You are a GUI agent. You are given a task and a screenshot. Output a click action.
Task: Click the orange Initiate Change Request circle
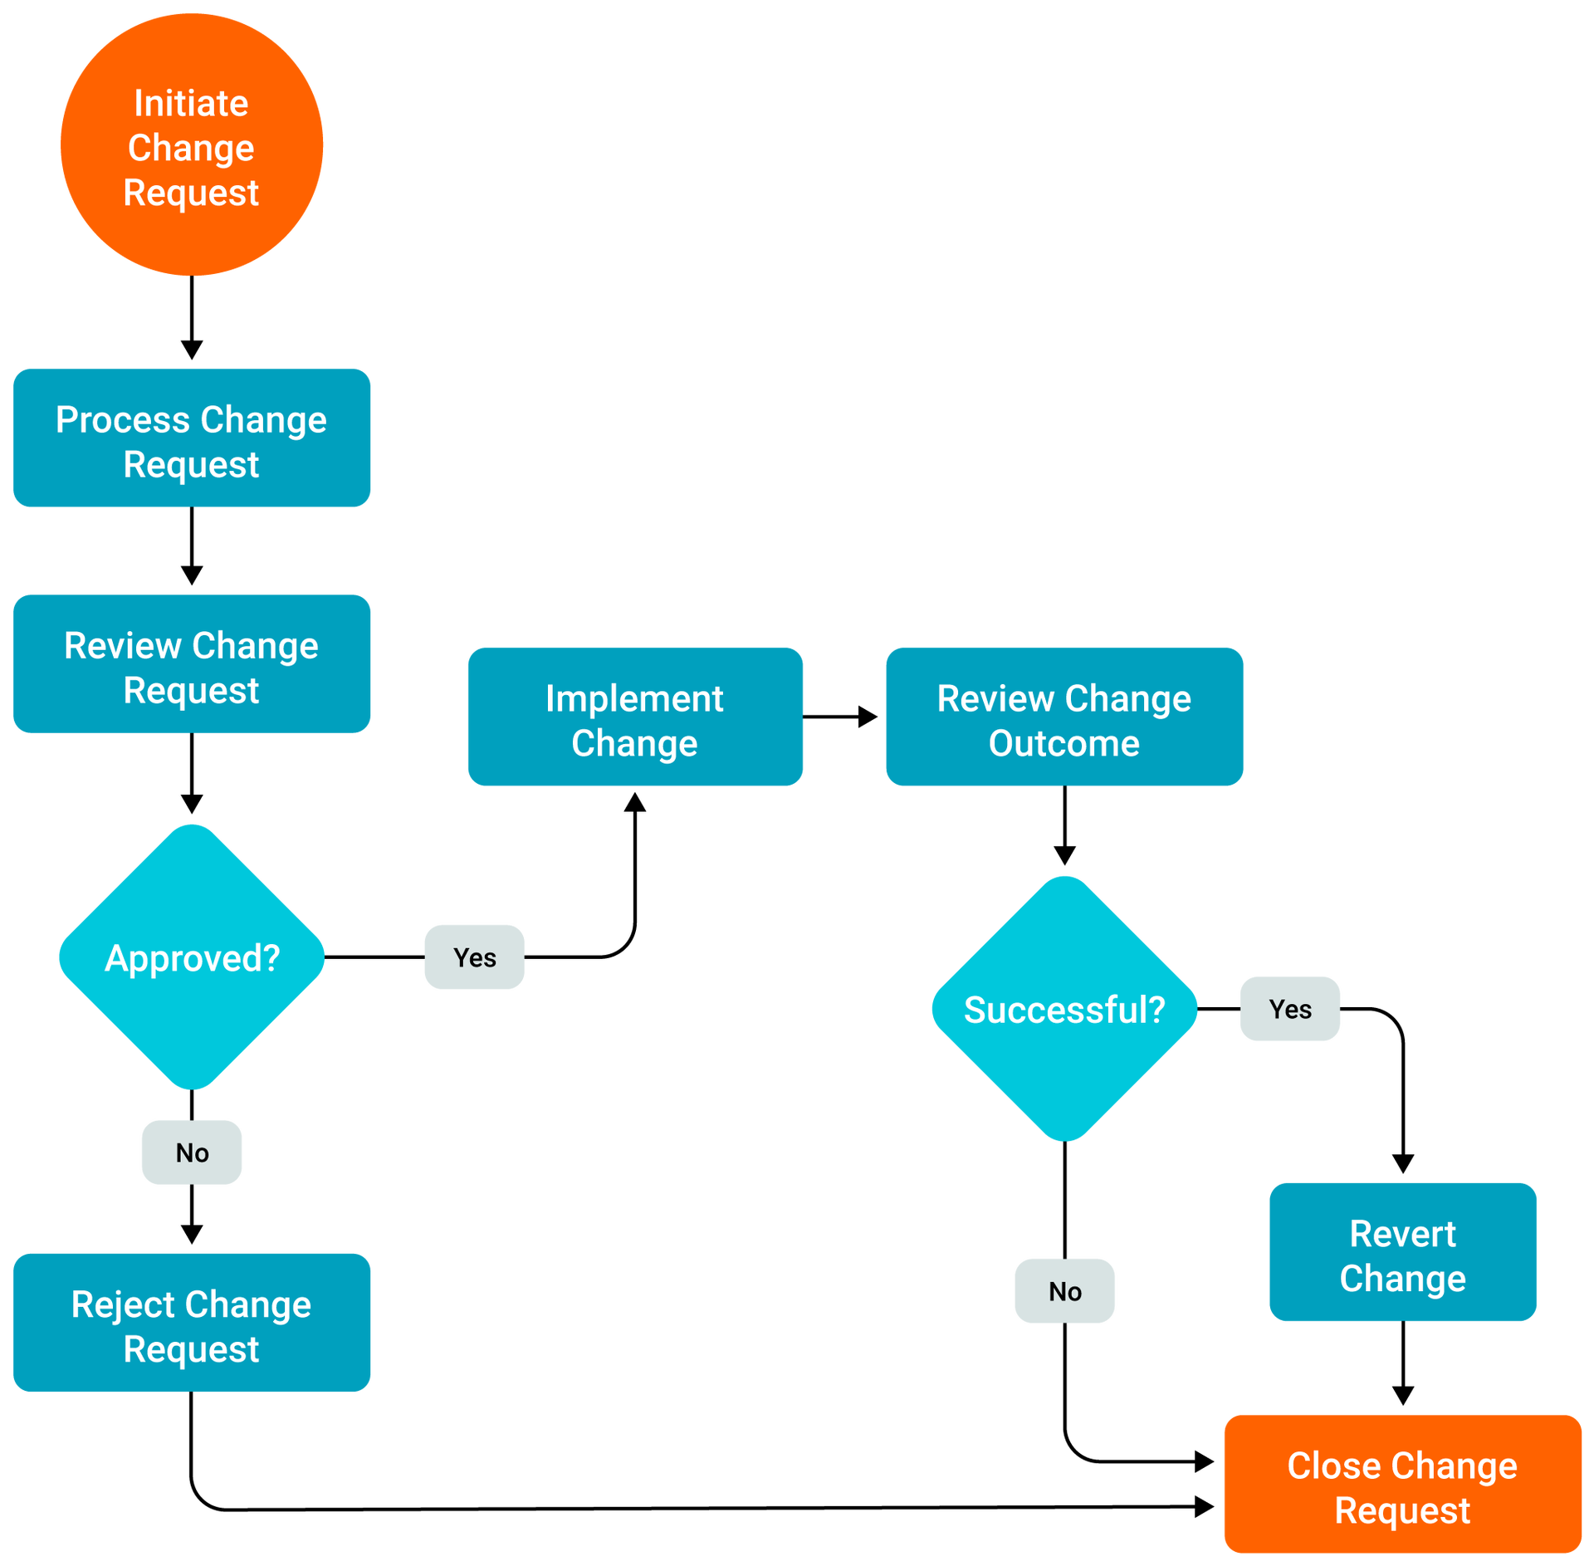point(192,144)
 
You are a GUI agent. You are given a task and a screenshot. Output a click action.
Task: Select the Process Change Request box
point(192,438)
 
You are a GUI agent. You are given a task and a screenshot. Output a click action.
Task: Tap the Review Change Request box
point(192,664)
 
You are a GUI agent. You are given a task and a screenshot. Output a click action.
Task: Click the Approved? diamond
point(192,957)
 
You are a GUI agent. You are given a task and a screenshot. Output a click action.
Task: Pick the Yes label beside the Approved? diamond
point(474,957)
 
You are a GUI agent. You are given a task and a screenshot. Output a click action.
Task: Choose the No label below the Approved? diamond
point(192,1152)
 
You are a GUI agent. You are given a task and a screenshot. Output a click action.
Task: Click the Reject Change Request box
point(192,1323)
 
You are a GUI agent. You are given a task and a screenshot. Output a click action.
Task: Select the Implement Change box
point(635,717)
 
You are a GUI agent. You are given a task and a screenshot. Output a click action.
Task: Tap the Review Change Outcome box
point(1064,717)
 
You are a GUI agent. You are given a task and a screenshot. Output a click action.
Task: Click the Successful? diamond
point(1064,1009)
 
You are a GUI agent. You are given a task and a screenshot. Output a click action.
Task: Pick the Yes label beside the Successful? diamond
point(1289,1009)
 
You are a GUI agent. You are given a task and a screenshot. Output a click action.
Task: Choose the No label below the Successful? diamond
point(1064,1291)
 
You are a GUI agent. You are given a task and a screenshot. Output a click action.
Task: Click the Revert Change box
point(1403,1252)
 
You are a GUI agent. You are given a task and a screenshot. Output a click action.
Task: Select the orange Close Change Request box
point(1402,1485)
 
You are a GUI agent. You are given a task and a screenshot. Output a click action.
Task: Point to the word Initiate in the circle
point(192,104)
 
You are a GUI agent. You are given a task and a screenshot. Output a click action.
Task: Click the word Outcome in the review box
point(1064,743)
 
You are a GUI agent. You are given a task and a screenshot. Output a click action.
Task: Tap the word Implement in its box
point(635,698)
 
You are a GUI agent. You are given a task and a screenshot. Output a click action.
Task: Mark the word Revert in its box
point(1403,1234)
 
